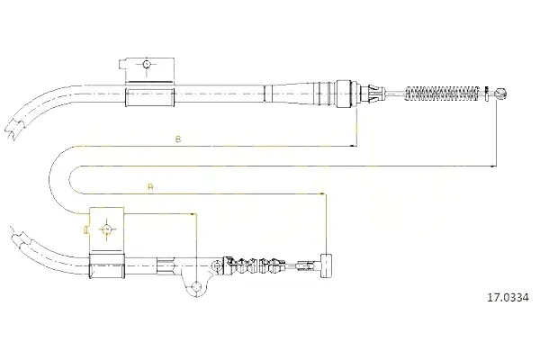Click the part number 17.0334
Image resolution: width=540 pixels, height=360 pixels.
click(508, 297)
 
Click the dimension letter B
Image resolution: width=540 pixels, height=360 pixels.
click(178, 139)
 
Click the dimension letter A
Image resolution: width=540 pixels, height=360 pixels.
click(150, 187)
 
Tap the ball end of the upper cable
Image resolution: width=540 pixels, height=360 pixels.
click(500, 93)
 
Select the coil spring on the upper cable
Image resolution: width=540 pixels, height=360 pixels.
click(442, 93)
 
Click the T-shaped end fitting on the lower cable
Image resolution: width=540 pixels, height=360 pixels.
click(326, 265)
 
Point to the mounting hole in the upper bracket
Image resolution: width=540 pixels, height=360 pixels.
click(147, 64)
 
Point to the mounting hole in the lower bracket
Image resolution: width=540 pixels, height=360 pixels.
click(106, 229)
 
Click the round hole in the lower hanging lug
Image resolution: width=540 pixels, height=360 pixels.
click(196, 286)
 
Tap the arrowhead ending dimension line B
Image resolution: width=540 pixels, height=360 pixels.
click(354, 146)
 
